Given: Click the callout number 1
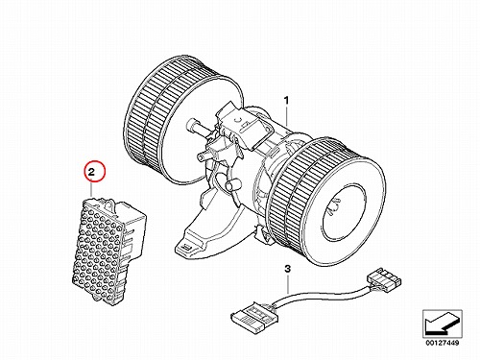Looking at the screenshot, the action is click(x=287, y=101).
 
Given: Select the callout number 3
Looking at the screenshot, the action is click(x=288, y=269).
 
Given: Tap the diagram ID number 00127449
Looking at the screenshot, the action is click(x=442, y=343).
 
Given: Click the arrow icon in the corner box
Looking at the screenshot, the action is click(x=442, y=323).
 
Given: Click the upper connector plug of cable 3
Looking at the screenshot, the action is click(x=383, y=278).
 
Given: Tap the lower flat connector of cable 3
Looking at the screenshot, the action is click(x=254, y=316).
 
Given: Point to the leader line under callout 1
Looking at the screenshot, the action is click(x=287, y=116).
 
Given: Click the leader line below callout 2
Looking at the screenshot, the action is click(x=91, y=189).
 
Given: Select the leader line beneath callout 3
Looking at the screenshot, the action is click(x=288, y=284).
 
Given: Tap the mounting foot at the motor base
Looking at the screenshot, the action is click(x=192, y=243).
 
